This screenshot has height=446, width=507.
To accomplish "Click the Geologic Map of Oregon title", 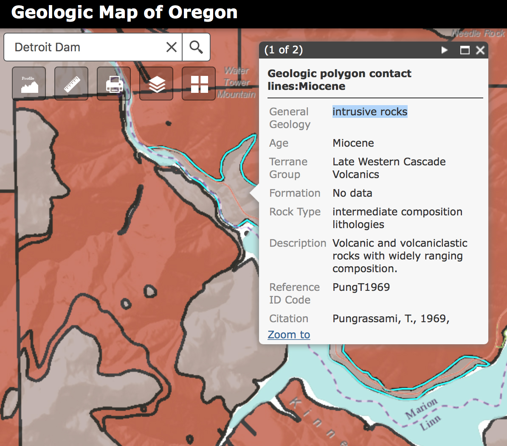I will (x=124, y=13).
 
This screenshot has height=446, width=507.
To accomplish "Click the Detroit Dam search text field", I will (x=85, y=47).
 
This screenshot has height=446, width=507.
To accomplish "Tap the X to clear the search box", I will (x=171, y=47).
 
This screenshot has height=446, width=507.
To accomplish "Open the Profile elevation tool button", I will (x=29, y=84).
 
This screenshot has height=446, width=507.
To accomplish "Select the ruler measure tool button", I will (x=71, y=84).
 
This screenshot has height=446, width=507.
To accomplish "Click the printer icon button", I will (x=114, y=84).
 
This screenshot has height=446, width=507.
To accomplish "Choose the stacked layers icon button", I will (x=156, y=84).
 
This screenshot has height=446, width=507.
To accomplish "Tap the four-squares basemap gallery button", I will (x=199, y=84).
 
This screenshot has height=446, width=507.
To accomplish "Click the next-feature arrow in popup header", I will (x=444, y=50).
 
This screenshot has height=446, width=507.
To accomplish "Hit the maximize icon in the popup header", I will (x=465, y=50).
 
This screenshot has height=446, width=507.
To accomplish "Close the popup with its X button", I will (x=480, y=50).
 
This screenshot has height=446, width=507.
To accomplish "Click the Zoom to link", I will (x=289, y=334).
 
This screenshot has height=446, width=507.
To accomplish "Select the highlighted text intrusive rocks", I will (x=369, y=111).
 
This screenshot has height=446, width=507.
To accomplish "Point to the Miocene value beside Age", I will (x=353, y=143).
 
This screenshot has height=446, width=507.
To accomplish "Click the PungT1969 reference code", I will (x=361, y=287).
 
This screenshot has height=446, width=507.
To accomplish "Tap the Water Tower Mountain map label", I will (x=237, y=82).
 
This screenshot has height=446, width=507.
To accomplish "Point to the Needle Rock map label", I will (x=478, y=33).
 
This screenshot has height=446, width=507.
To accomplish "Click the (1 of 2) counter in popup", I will (x=283, y=50).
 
